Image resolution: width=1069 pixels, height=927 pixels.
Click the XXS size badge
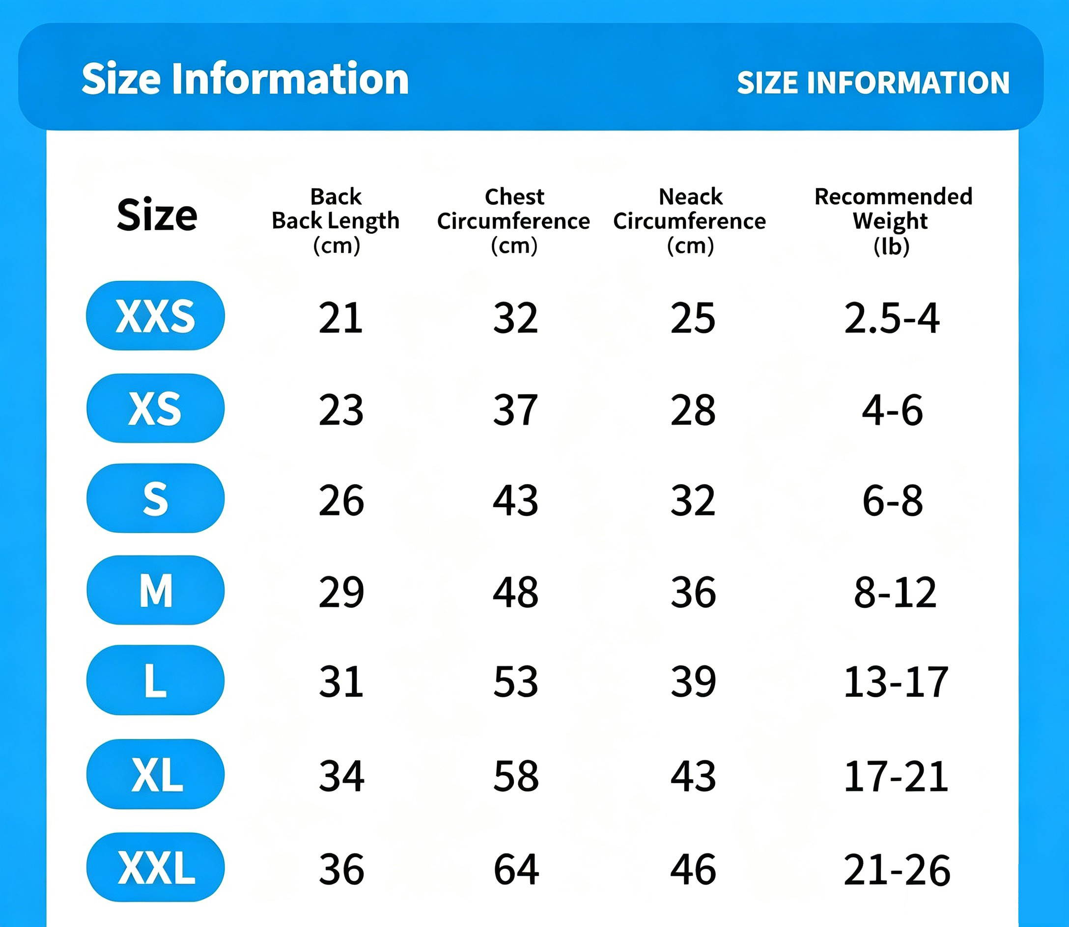[x=155, y=316]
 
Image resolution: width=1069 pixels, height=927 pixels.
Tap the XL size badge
[x=155, y=774]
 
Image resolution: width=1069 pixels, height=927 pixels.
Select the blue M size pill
[x=155, y=590]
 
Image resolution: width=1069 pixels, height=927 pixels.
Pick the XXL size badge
[x=155, y=867]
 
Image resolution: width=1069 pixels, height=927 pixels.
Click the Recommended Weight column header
[x=893, y=221]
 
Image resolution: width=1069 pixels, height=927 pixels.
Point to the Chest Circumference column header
[x=513, y=221]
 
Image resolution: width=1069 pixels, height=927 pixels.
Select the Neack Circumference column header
[x=690, y=221]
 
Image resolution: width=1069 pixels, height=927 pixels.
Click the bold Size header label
[x=157, y=215]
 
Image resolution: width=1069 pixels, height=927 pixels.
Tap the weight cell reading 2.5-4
[x=892, y=318]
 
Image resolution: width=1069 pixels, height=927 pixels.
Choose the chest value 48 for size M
[x=516, y=592]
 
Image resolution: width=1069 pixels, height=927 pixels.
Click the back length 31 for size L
[x=340, y=682]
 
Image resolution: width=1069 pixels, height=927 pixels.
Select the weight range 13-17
[x=896, y=682]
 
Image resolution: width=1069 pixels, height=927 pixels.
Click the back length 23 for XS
[x=341, y=410]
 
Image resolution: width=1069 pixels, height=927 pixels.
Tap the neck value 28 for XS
[x=693, y=410]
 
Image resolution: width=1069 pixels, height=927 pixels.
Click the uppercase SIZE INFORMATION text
[x=873, y=83]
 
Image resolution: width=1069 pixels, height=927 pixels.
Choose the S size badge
[x=155, y=498]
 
